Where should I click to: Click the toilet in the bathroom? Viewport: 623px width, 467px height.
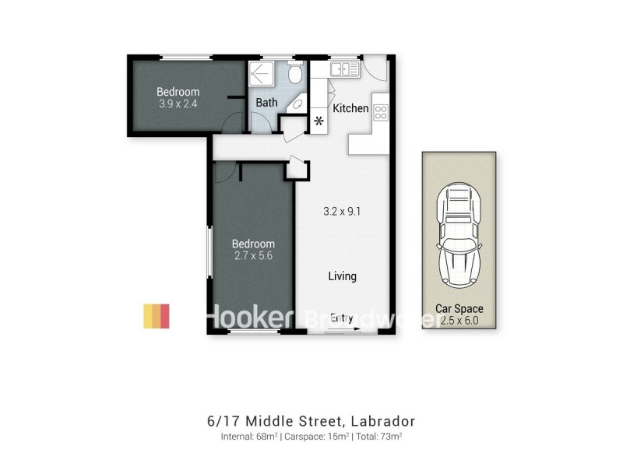[x=295, y=74]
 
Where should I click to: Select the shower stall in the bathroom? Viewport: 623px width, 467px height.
[x=262, y=75]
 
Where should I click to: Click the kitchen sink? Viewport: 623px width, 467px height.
[x=343, y=70]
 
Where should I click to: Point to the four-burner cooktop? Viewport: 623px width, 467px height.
[x=381, y=112]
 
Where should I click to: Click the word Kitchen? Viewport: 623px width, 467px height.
[x=350, y=108]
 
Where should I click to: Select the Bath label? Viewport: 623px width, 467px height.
[x=266, y=103]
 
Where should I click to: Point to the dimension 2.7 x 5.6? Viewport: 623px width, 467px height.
[x=254, y=255]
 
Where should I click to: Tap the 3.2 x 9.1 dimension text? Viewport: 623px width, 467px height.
[x=342, y=210]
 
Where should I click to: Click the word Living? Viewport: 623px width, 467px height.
[x=342, y=276]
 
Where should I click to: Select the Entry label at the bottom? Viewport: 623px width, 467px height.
[x=342, y=318]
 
